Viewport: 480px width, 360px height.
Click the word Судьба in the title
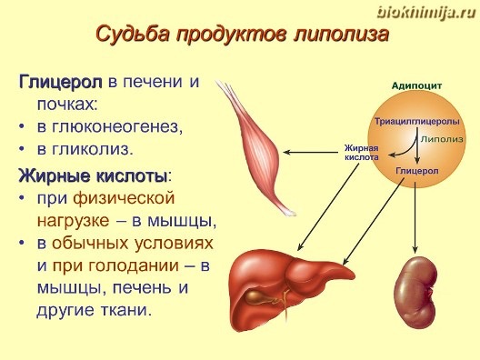pos(133,34)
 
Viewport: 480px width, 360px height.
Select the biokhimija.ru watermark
pos(426,13)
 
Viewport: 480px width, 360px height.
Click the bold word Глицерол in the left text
pos(61,83)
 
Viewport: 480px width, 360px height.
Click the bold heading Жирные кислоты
pos(93,176)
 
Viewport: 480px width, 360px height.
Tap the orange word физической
pos(124,198)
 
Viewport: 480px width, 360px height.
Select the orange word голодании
pos(134,265)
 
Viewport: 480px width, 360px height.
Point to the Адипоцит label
pos(416,86)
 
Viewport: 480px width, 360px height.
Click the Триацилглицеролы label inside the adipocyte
pos(417,122)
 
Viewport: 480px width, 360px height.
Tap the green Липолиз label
pos(442,139)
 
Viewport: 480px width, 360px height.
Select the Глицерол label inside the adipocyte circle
pos(417,171)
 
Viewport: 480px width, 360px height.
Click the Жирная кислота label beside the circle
pos(362,153)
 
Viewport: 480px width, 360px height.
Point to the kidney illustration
pos(415,294)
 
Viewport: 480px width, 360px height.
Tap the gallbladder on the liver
pos(255,297)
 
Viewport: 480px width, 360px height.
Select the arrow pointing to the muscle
pos(310,152)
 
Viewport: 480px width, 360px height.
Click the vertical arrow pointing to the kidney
pos(415,217)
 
